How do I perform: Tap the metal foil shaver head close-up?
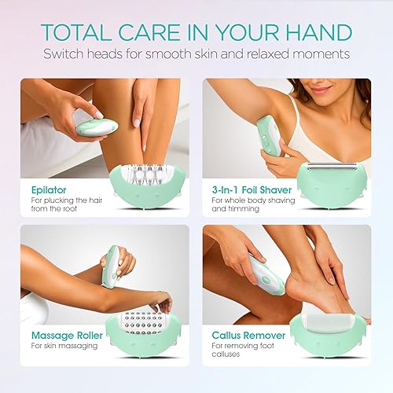(x=334, y=167)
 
